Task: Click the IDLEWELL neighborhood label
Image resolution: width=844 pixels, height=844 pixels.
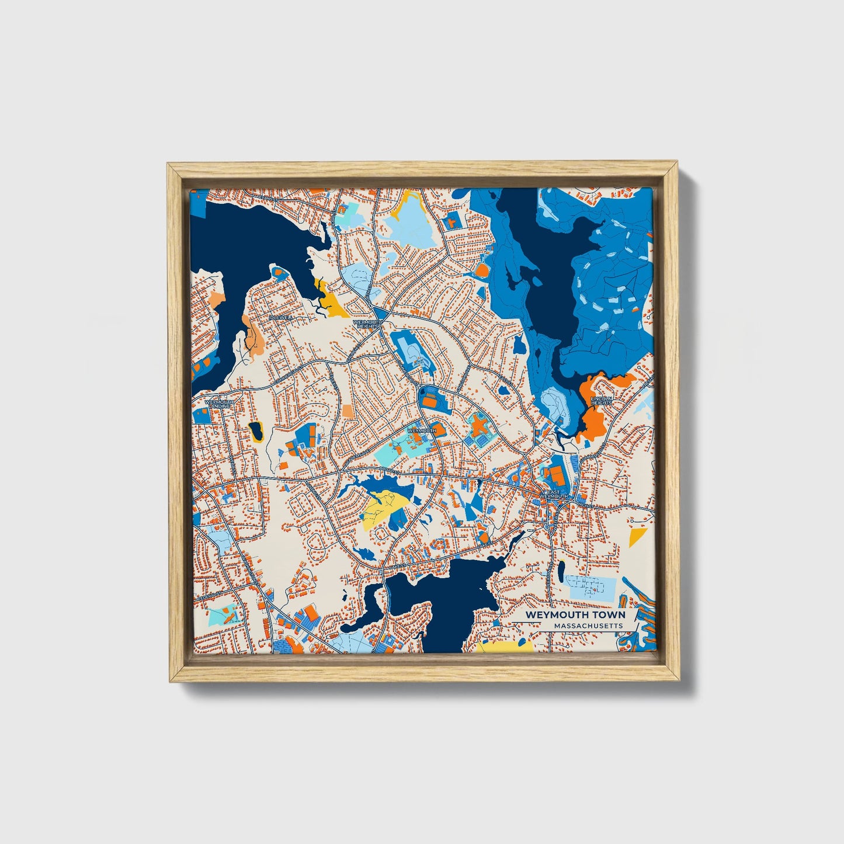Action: click(x=281, y=317)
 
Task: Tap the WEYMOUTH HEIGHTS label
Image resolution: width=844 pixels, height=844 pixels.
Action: click(x=367, y=324)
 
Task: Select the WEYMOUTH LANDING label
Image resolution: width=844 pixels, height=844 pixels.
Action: click(x=219, y=404)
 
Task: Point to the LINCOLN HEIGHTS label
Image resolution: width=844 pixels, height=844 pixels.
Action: click(x=601, y=401)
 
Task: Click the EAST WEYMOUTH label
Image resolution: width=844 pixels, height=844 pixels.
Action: click(x=553, y=494)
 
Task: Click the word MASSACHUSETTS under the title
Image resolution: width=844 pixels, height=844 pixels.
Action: click(x=588, y=626)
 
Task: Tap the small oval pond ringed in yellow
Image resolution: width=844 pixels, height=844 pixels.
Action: click(x=256, y=431)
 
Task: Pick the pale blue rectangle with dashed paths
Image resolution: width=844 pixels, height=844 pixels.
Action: click(x=591, y=586)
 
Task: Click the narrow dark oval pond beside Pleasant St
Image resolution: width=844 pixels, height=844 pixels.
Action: click(x=561, y=571)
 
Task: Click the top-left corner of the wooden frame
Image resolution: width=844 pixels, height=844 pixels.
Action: click(x=168, y=165)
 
